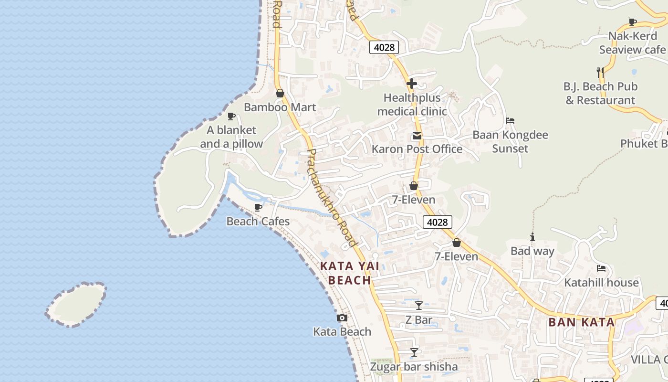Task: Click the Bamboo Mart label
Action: pyautogui.click(x=280, y=107)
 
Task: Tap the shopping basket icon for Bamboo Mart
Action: pyautogui.click(x=280, y=93)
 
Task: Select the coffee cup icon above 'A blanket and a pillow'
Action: pyautogui.click(x=231, y=116)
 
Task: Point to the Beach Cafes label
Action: pyautogui.click(x=258, y=222)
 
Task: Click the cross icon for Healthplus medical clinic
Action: pyautogui.click(x=412, y=84)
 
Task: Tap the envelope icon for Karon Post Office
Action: pyautogui.click(x=417, y=136)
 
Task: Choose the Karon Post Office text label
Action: pyautogui.click(x=417, y=149)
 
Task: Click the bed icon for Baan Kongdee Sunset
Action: pyautogui.click(x=510, y=121)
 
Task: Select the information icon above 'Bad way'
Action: pyautogui.click(x=532, y=237)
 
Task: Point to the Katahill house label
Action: pyautogui.click(x=601, y=283)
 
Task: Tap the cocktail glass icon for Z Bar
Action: pyautogui.click(x=418, y=306)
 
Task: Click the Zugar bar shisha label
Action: pyautogui.click(x=414, y=367)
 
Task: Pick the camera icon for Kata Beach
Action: pyautogui.click(x=342, y=318)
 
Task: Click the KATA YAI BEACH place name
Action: pyautogui.click(x=350, y=273)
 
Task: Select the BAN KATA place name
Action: pyautogui.click(x=582, y=322)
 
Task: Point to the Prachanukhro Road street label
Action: pyautogui.click(x=332, y=198)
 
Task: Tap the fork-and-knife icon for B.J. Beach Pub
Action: pyautogui.click(x=600, y=73)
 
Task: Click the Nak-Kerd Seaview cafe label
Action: pyautogui.click(x=632, y=43)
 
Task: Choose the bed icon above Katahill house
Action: pyautogui.click(x=601, y=268)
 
